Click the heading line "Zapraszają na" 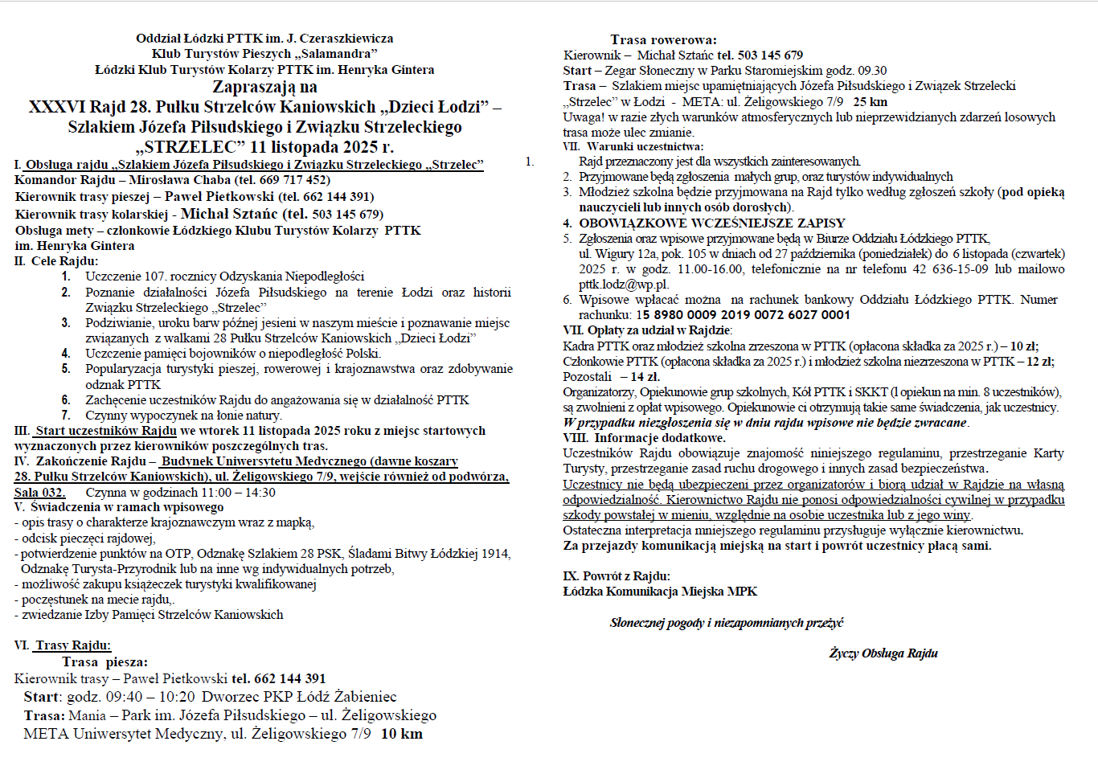[x=264, y=87]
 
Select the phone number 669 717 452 [x=295, y=180]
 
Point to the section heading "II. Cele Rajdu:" [x=56, y=261]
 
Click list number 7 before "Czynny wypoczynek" [x=66, y=416]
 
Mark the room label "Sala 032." [x=40, y=492]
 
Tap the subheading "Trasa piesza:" [x=104, y=662]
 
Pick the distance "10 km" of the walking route [x=401, y=734]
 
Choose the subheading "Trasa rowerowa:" [x=663, y=39]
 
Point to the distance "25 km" [x=870, y=101]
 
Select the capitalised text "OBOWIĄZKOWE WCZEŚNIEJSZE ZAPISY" [x=712, y=223]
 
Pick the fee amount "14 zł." [x=645, y=376]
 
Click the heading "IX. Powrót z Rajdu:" [x=617, y=576]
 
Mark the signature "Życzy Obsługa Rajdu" [x=883, y=653]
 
